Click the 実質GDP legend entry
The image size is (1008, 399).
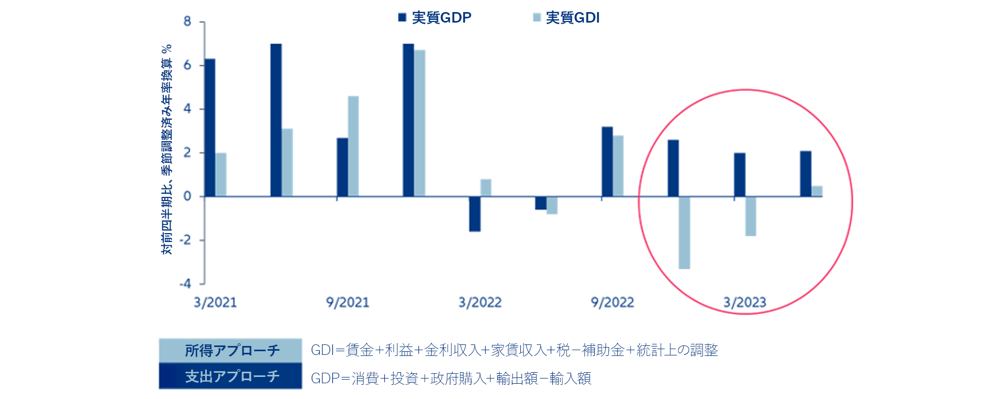click(x=435, y=18)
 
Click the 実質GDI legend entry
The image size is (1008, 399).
click(x=566, y=18)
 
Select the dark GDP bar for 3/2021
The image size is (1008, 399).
click(x=210, y=128)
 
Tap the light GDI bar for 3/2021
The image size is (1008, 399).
click(x=221, y=175)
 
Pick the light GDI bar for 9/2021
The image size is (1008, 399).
click(x=353, y=146)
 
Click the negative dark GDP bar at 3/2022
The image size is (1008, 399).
click(x=475, y=214)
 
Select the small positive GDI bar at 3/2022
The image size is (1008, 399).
click(x=486, y=188)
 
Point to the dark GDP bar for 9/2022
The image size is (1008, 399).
click(x=607, y=162)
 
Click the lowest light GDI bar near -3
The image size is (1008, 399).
click(x=684, y=233)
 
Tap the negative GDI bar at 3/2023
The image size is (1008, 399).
click(x=750, y=216)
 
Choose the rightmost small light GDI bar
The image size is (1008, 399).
click(x=817, y=191)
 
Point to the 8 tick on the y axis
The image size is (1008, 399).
click(x=187, y=22)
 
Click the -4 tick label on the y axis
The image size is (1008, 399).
click(x=185, y=284)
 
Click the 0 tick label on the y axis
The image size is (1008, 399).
click(x=187, y=196)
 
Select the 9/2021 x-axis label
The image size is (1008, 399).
click(x=348, y=302)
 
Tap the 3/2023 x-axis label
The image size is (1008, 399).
click(x=744, y=302)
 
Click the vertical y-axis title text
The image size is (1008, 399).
click(x=167, y=150)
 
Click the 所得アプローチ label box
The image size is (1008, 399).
click(x=230, y=350)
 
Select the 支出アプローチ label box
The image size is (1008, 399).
click(x=230, y=376)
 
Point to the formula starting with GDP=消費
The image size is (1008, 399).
click(x=451, y=378)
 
